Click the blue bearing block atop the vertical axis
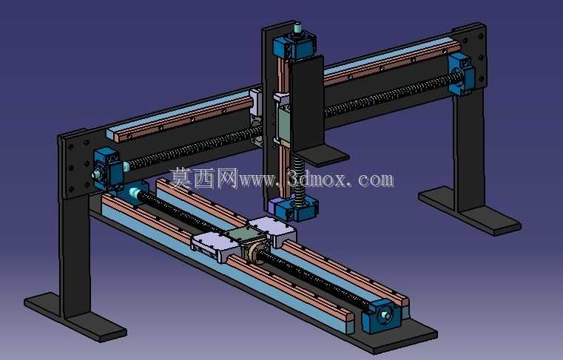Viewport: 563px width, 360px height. [x=294, y=46]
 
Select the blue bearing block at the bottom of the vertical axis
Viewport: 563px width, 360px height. [x=293, y=209]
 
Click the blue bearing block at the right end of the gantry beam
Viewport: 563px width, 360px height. [x=461, y=74]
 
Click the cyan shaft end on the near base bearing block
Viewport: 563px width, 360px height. [x=386, y=316]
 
